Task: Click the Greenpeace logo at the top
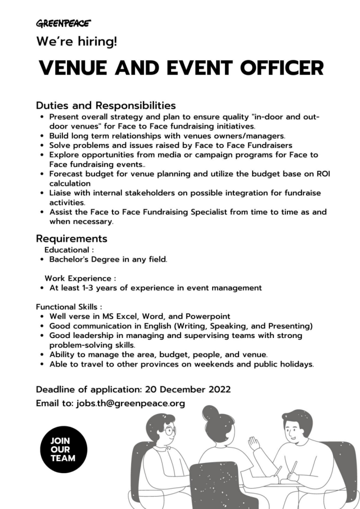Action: pyautogui.click(x=63, y=23)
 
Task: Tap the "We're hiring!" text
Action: pyautogui.click(x=76, y=42)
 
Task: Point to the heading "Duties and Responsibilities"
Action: pyautogui.click(x=105, y=105)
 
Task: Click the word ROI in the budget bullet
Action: pyautogui.click(x=323, y=174)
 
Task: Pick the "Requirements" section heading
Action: pyautogui.click(x=71, y=238)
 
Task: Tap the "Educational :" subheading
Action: pyautogui.click(x=69, y=249)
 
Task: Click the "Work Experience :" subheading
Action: pyautogui.click(x=80, y=277)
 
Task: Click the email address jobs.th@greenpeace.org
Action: pyautogui.click(x=130, y=403)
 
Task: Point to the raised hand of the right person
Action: pyautogui.click(x=254, y=443)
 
